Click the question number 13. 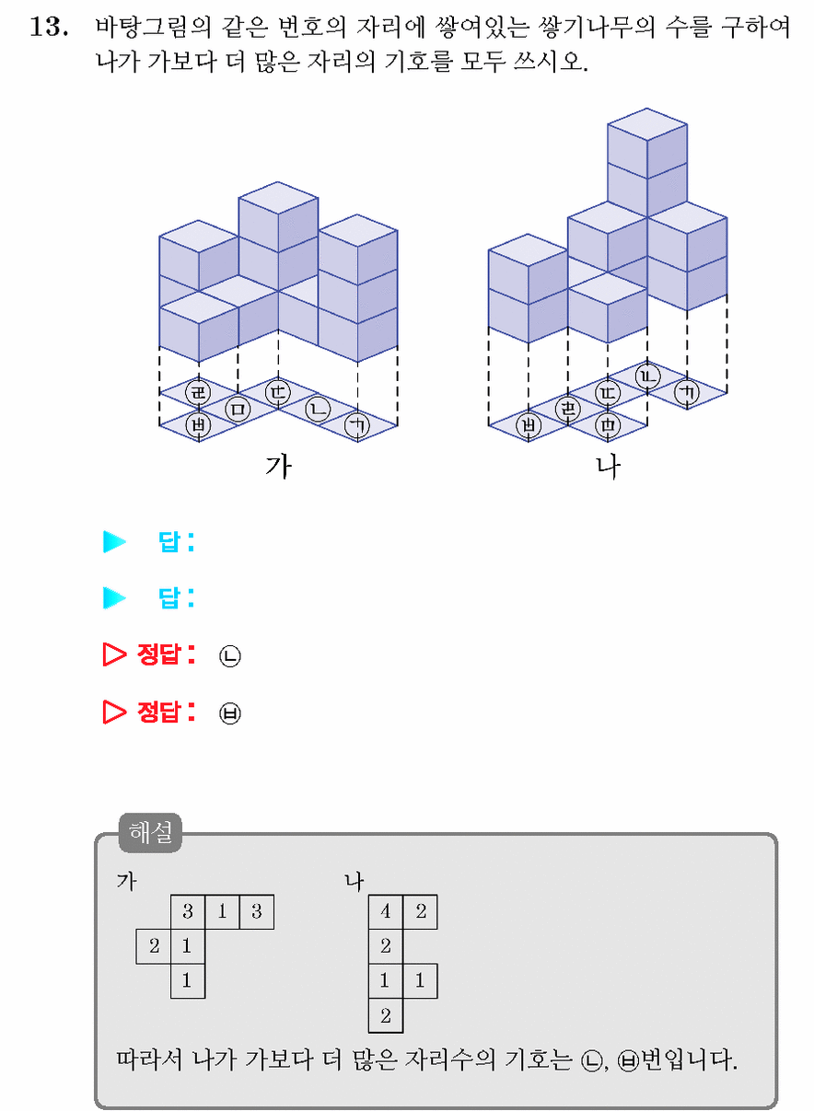(49, 27)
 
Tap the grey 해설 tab (150, 833)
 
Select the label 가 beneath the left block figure (279, 467)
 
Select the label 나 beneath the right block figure (608, 467)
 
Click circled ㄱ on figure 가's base (357, 425)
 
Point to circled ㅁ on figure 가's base (238, 410)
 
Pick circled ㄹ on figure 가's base (198, 392)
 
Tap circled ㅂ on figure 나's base (529, 425)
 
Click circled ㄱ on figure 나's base (687, 392)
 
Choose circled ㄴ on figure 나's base (648, 376)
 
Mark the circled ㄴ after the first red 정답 (229, 656)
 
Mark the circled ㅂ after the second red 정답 (229, 713)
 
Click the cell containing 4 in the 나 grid (386, 911)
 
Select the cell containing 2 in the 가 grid (154, 946)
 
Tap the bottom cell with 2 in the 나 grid (386, 1016)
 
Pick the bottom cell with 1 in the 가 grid (188, 980)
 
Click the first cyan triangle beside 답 (114, 541)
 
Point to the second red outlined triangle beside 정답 (113, 712)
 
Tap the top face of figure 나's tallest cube (647, 124)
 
